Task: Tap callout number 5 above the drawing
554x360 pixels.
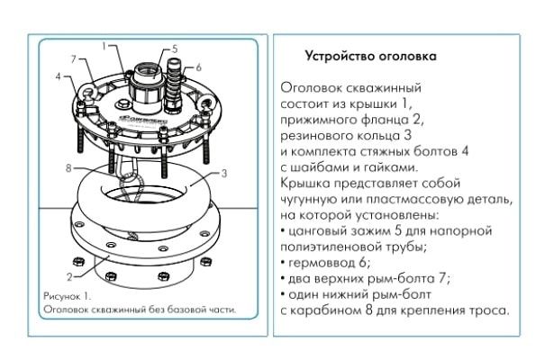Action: pos(174,48)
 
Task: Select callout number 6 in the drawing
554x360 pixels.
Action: pos(198,67)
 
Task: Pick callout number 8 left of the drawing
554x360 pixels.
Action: pos(68,166)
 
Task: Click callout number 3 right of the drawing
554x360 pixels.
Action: pos(223,171)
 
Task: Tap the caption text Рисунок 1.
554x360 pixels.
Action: pos(68,295)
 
